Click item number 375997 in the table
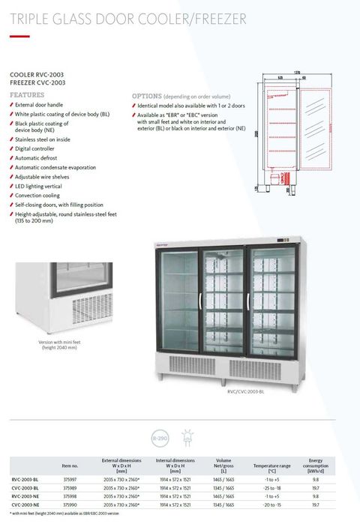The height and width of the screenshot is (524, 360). tap(70, 478)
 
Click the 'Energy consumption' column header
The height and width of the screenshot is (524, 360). tap(316, 465)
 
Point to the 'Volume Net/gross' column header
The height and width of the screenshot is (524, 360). tap(223, 465)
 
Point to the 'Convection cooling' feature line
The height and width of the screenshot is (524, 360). tap(40, 194)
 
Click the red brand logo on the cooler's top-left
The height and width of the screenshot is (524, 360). tap(166, 244)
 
